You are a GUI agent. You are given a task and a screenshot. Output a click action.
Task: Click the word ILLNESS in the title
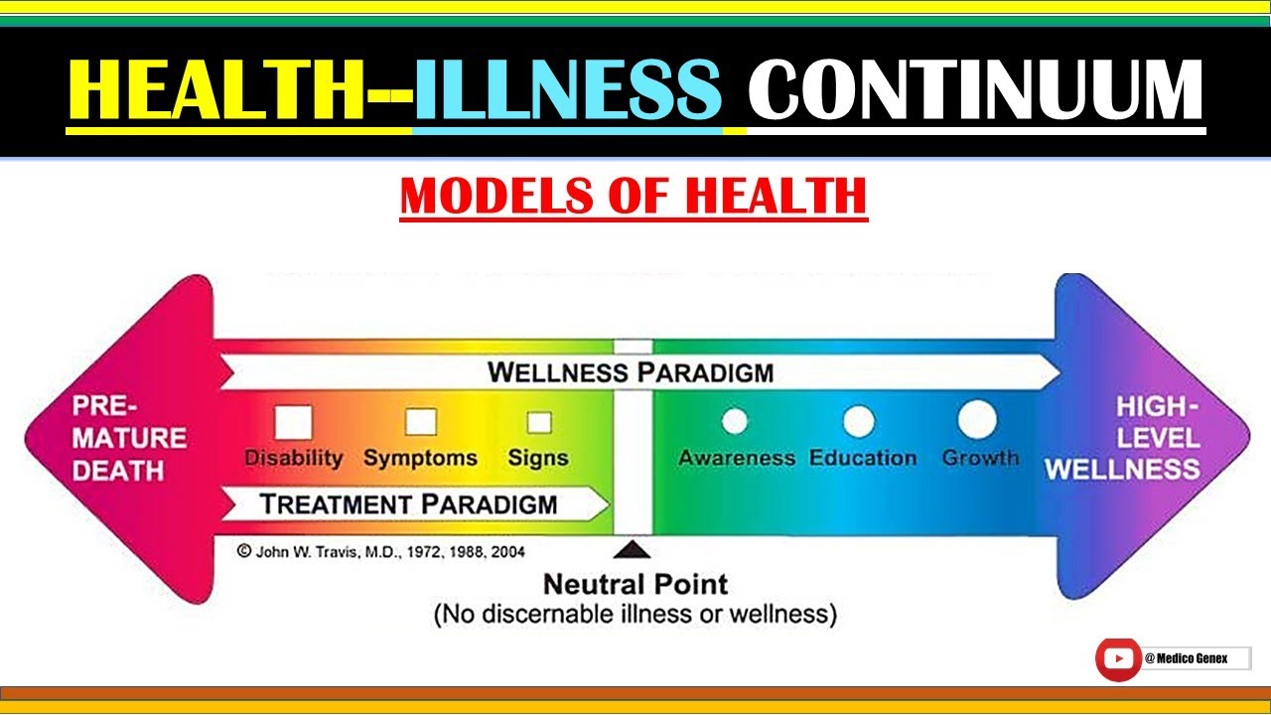tap(567, 91)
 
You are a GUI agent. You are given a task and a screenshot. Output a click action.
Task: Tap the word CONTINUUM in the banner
tap(976, 91)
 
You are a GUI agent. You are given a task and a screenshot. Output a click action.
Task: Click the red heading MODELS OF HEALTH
tap(634, 196)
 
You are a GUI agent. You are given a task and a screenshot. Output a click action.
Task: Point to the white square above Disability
tap(293, 422)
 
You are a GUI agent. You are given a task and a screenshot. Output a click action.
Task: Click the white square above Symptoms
tap(421, 422)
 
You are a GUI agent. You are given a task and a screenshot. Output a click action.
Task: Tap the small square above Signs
tap(539, 423)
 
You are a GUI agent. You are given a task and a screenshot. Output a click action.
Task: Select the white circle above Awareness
tap(735, 422)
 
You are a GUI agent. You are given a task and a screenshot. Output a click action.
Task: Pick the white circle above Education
tap(859, 422)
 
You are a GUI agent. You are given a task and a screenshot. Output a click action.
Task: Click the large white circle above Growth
tap(977, 419)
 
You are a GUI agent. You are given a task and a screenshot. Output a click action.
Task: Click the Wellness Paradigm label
tap(631, 373)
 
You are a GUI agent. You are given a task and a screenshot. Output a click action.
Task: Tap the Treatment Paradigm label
tap(408, 503)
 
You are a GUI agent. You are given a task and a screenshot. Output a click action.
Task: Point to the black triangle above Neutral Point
tap(633, 549)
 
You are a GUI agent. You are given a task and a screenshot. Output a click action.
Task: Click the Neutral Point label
tap(635, 584)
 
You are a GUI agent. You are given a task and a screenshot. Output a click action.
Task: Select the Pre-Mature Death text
tap(129, 438)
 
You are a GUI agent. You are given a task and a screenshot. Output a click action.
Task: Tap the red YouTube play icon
tap(1119, 658)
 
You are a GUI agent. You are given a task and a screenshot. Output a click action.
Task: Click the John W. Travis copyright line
tap(381, 551)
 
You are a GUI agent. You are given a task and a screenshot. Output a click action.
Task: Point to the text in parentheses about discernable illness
tap(635, 615)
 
